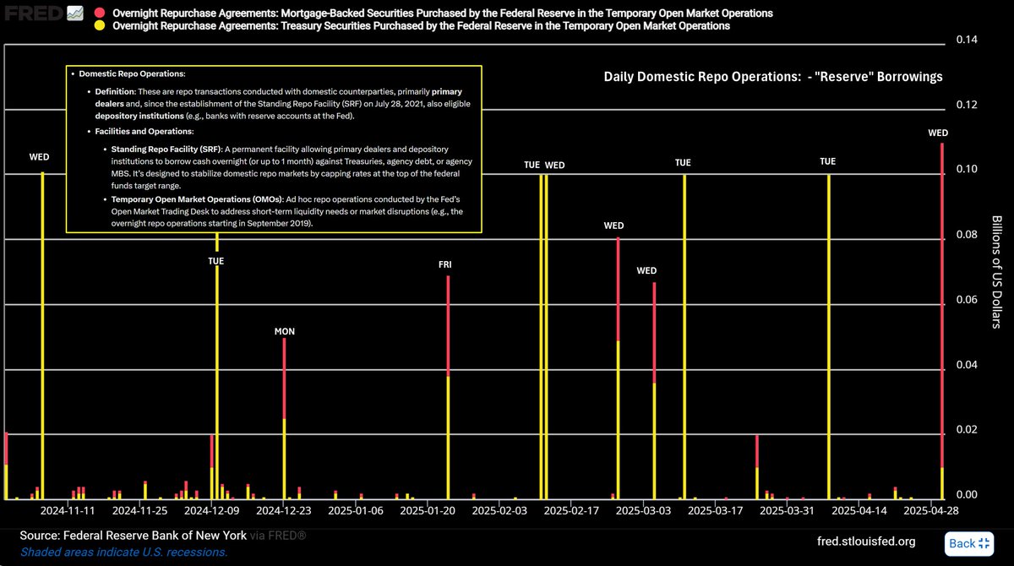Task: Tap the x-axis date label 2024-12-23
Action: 285,511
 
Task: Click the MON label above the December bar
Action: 285,331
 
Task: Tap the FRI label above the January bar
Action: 444,264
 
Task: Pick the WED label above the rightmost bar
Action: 938,133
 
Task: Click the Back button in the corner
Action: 970,543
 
